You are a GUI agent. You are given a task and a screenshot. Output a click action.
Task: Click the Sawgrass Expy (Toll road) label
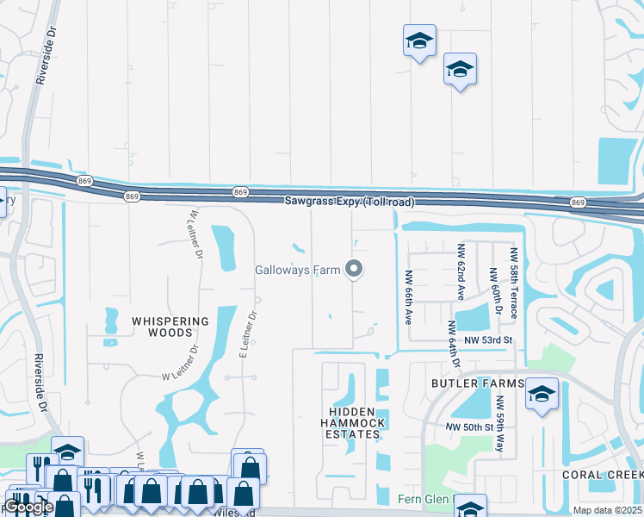(x=350, y=202)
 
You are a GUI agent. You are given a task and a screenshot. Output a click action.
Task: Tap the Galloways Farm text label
(x=298, y=270)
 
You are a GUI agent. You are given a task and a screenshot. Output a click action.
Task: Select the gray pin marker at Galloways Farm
(x=354, y=270)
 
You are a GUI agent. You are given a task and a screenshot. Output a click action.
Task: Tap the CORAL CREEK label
(x=603, y=475)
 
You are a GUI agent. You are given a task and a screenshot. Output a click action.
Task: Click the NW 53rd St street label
(x=488, y=340)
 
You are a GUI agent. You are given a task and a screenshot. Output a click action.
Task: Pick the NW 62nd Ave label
(x=460, y=271)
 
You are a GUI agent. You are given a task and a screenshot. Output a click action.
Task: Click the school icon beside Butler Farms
(x=541, y=396)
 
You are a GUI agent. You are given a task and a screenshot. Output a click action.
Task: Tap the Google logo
(x=28, y=507)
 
